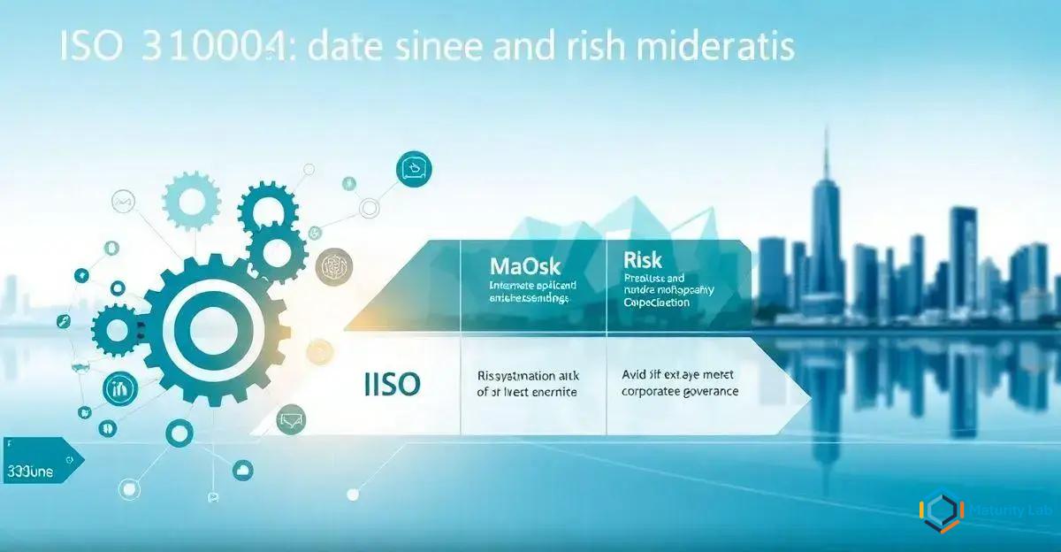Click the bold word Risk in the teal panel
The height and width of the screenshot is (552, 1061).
[x=643, y=260]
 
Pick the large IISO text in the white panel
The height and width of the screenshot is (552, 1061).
[x=392, y=383]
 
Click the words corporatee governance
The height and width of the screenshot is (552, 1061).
[x=680, y=390]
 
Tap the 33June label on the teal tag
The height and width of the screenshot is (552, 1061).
[x=29, y=471]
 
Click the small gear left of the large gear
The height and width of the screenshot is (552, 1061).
[x=115, y=329]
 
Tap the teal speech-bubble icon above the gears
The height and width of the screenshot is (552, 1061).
[x=414, y=166]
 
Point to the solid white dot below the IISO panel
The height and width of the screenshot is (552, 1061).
[x=353, y=494]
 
